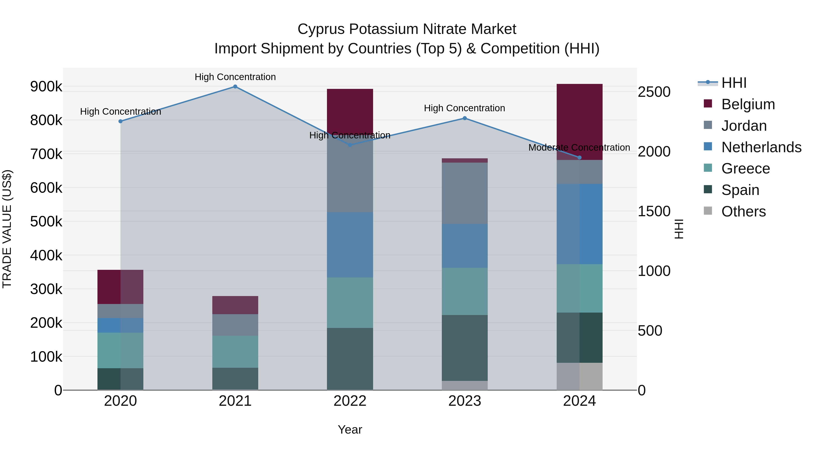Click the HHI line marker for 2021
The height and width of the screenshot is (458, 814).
pos(235,87)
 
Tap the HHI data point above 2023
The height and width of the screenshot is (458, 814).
pos(464,118)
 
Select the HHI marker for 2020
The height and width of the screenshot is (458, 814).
pos(120,121)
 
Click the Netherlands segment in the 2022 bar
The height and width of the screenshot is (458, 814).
pos(350,245)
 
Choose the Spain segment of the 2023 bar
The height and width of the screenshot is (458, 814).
pos(464,348)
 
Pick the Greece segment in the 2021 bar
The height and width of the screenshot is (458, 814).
pos(235,351)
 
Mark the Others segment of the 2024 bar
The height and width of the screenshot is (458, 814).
pos(579,376)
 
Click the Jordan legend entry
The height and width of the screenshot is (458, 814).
pos(744,126)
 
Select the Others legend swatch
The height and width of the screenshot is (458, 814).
pos(708,211)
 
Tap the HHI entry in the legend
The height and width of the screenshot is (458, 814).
pos(734,83)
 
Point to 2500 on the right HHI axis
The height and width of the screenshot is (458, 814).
pos(654,92)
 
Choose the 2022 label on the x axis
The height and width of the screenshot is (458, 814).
pos(350,401)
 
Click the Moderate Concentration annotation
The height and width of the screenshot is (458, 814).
pos(579,148)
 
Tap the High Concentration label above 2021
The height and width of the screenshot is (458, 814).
pos(235,77)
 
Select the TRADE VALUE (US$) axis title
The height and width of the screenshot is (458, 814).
pos(7,229)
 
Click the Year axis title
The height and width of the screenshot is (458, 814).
pos(350,430)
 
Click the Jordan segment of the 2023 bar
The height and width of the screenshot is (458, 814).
pos(464,193)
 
